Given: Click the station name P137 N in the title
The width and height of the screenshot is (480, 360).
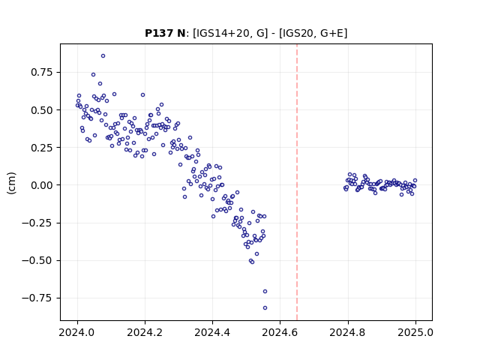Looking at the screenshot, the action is pyautogui.click(x=165, y=33).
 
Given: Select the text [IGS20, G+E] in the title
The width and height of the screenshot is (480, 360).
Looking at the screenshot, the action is pyautogui.click(x=313, y=33).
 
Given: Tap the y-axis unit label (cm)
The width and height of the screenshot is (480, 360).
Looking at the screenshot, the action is pyautogui.click(x=11, y=183).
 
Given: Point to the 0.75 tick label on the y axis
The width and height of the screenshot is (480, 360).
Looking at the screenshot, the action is pyautogui.click(x=42, y=72).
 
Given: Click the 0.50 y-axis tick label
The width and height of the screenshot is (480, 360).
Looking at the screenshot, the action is pyautogui.click(x=42, y=110).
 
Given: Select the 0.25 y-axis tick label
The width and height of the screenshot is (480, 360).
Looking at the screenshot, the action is pyautogui.click(x=42, y=148).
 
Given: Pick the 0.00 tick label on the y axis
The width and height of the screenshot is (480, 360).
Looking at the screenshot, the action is pyautogui.click(x=42, y=185).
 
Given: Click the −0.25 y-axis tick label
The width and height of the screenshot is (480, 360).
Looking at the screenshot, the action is pyautogui.click(x=37, y=223).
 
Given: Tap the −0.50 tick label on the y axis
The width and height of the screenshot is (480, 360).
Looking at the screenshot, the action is pyautogui.click(x=37, y=260).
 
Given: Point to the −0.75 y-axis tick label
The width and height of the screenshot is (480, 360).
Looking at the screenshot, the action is pyautogui.click(x=37, y=298).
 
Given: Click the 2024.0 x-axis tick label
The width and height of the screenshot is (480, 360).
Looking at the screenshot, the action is pyautogui.click(x=77, y=332).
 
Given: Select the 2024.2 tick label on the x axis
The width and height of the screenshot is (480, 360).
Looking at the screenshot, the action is pyautogui.click(x=145, y=332).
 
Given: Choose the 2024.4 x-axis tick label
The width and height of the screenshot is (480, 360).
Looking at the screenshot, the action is pyautogui.click(x=212, y=332).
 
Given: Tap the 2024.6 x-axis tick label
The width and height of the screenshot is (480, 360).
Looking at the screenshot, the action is pyautogui.click(x=280, y=332).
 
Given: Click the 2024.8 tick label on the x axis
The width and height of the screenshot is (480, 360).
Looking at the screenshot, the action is pyautogui.click(x=348, y=332).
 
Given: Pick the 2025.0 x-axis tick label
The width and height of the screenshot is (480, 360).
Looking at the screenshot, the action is pyautogui.click(x=415, y=332).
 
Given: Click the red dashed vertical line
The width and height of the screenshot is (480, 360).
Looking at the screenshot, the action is pyautogui.click(x=297, y=182).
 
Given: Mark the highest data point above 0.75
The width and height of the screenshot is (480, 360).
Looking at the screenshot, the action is pyautogui.click(x=103, y=56).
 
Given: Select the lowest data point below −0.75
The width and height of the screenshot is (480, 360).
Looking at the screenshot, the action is pyautogui.click(x=265, y=308).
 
